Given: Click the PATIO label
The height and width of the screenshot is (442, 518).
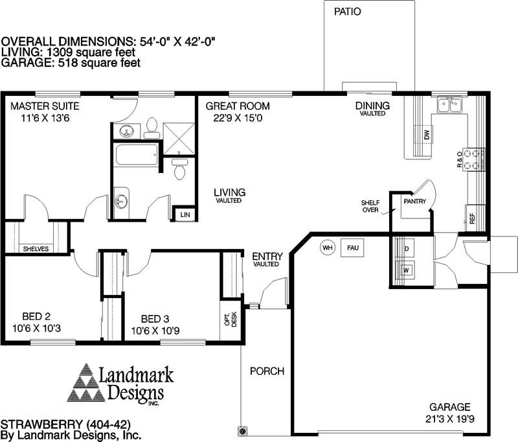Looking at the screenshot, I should [348, 12].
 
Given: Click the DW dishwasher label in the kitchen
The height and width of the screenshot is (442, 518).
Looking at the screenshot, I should [427, 135].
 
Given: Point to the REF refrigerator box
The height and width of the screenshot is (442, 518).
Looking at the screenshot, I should [472, 218].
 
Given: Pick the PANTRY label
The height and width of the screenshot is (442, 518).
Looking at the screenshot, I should [414, 202].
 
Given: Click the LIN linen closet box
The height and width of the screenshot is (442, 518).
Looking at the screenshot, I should [185, 214].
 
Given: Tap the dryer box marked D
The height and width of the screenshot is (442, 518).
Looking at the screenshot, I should [407, 249].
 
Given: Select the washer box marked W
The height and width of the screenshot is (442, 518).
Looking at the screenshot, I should [407, 270].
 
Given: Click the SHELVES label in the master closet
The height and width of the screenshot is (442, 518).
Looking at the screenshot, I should [36, 249].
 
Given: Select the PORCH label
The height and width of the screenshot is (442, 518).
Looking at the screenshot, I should [267, 371].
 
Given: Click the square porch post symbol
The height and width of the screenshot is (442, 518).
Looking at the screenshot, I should [242, 430].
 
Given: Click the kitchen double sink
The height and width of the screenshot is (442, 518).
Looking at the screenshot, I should [449, 104].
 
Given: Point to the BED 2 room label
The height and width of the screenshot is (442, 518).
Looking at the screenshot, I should [36, 316].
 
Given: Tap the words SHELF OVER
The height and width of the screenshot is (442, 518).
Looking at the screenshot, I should [370, 206].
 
